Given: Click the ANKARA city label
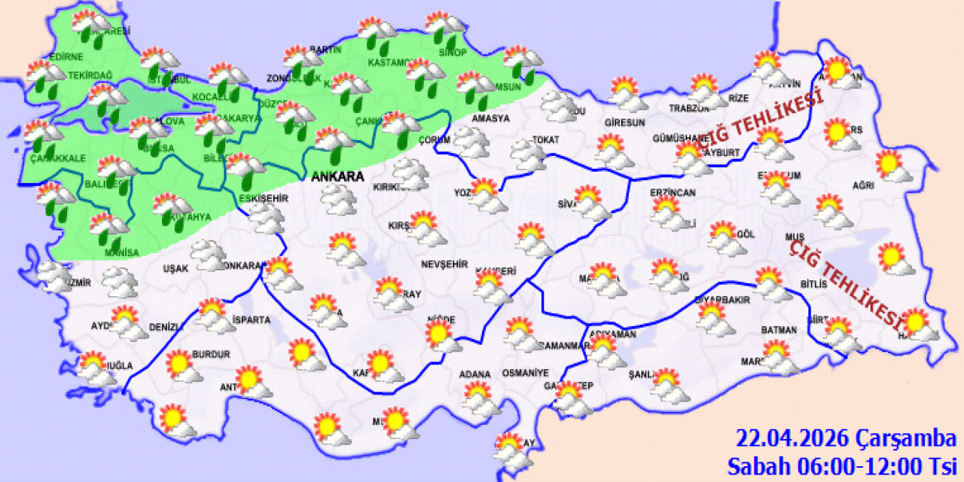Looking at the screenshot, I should pyautogui.click(x=338, y=177).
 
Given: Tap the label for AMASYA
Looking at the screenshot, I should pyautogui.click(x=490, y=118).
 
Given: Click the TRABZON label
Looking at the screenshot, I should pyautogui.click(x=685, y=108).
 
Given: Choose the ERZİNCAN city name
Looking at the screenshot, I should pyautogui.click(x=673, y=193).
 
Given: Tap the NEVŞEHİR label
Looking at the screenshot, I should pyautogui.click(x=444, y=264).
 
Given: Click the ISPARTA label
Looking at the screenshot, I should pyautogui.click(x=252, y=319).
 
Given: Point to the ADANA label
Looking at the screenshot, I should pyautogui.click(x=474, y=374).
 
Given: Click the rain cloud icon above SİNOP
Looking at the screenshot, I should pyautogui.click(x=444, y=27).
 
